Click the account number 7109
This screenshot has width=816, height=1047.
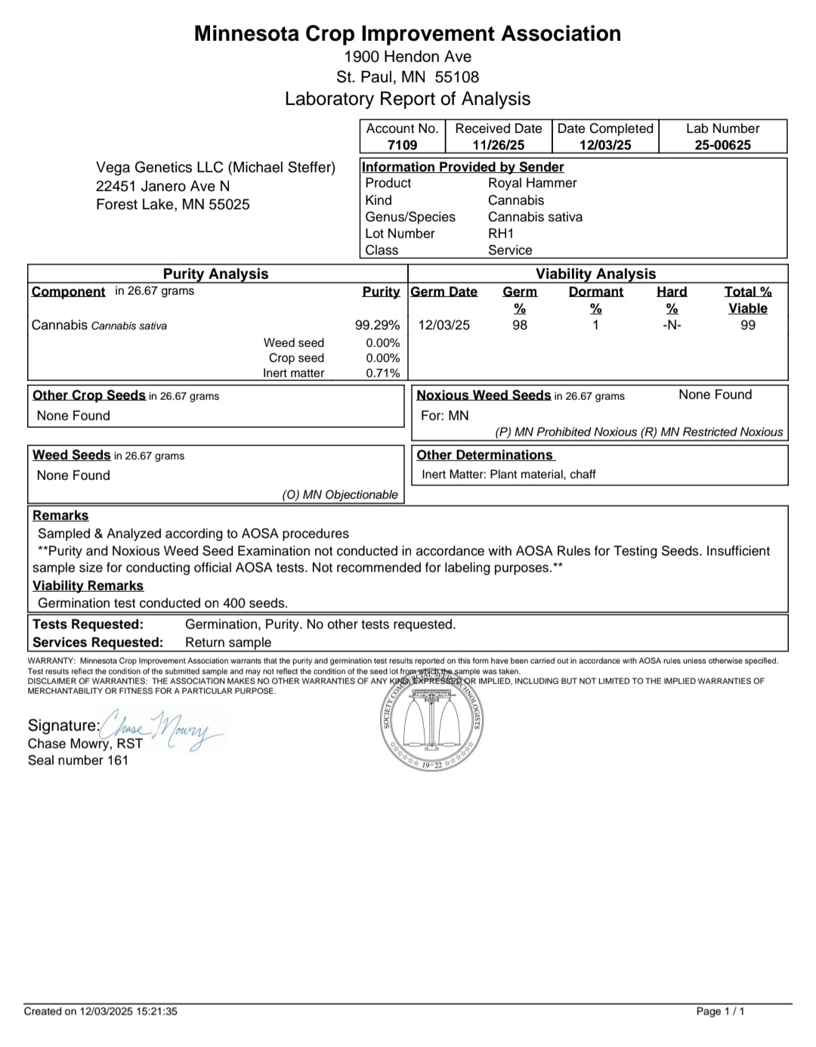tap(402, 145)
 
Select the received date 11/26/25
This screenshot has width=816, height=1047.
tap(498, 145)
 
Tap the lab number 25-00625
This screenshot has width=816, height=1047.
tap(722, 145)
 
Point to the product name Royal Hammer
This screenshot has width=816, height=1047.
tap(532, 183)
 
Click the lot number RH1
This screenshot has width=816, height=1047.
tap(500, 234)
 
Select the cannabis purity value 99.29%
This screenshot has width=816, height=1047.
tap(377, 326)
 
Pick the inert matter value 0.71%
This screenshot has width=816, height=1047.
tap(382, 373)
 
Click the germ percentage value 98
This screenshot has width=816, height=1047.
tap(520, 326)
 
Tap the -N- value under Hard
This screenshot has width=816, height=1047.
tap(671, 326)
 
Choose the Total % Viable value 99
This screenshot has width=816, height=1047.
tap(747, 326)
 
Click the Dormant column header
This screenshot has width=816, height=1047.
tap(595, 293)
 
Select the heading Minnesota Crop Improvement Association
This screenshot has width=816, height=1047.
tap(407, 34)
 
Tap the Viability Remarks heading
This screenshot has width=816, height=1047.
tap(88, 586)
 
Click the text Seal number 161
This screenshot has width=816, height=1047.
tap(78, 760)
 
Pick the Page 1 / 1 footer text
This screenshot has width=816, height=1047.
tap(719, 1011)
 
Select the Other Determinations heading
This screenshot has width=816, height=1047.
tap(484, 455)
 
